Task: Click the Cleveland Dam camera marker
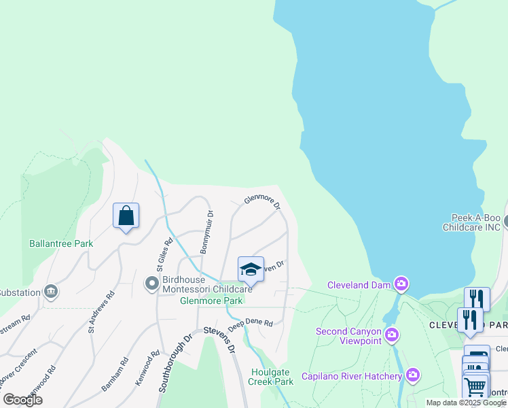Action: (x=402, y=284)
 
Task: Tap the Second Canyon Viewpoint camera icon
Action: (x=392, y=334)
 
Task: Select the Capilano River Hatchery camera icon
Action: (x=413, y=375)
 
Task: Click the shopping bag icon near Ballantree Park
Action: (x=126, y=216)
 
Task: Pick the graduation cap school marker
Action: (x=250, y=269)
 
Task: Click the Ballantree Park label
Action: (x=61, y=243)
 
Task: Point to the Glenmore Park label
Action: (x=211, y=301)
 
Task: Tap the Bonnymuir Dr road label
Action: (x=207, y=232)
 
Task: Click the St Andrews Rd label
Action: (x=101, y=312)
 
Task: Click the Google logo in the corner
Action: (x=23, y=400)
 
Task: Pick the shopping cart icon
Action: (x=475, y=388)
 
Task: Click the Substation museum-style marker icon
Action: (x=50, y=292)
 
